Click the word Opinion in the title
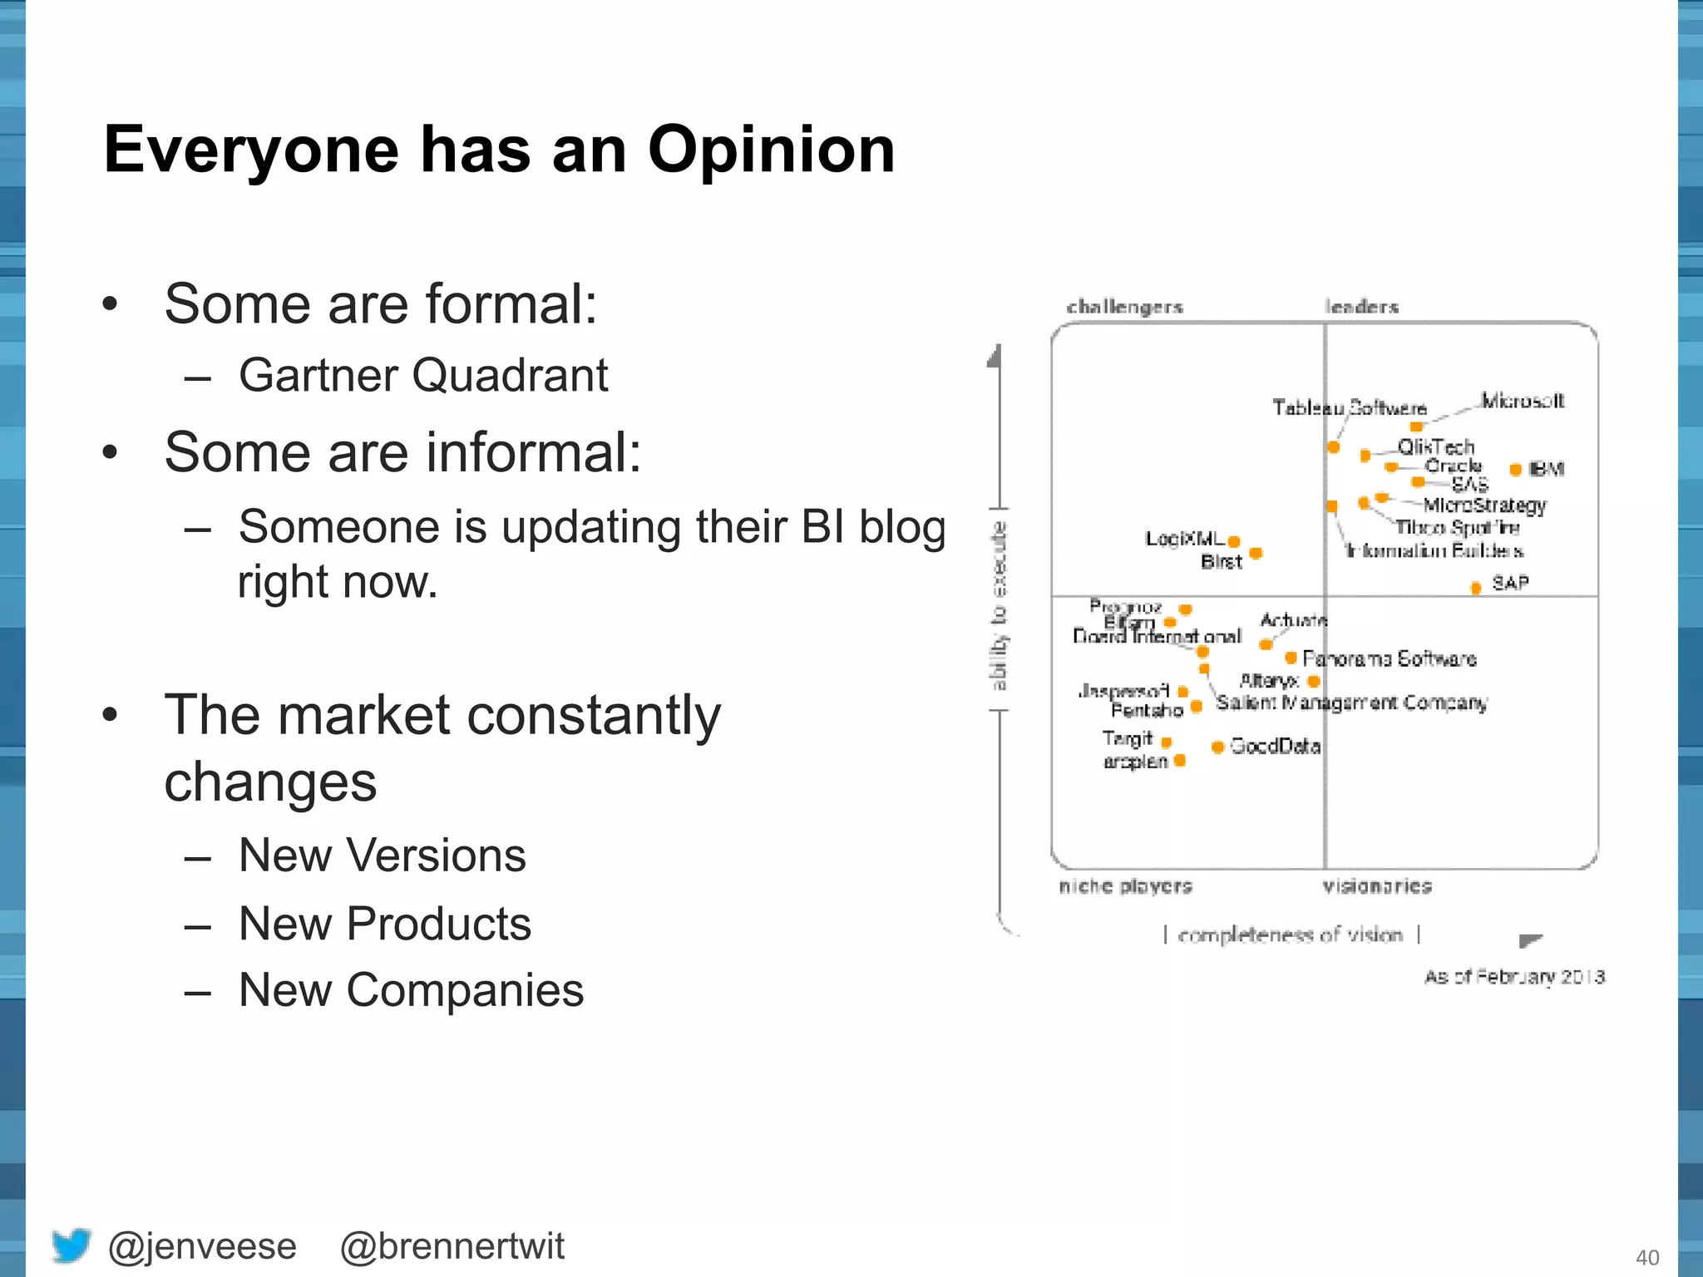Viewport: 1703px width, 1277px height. (771, 150)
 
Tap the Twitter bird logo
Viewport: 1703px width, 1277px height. (72, 1245)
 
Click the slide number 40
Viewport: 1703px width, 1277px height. (1647, 1258)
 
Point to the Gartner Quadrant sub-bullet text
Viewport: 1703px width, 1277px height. (423, 375)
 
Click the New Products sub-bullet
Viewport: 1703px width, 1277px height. (384, 924)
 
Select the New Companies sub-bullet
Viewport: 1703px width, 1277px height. (411, 990)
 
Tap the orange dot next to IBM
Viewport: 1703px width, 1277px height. (1515, 470)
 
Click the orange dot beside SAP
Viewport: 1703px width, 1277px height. (1476, 588)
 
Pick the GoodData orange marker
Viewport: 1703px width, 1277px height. (1217, 747)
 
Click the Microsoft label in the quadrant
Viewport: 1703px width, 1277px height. (1523, 401)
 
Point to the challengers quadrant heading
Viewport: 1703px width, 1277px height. (1124, 307)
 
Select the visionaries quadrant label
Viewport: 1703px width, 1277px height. (1377, 886)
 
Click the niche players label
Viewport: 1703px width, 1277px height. (1125, 886)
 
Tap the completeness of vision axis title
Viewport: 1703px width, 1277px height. (1290, 935)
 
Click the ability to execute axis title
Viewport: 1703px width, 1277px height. (999, 606)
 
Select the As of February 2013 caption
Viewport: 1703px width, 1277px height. (1514, 977)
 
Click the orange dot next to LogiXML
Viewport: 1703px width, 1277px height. (1234, 542)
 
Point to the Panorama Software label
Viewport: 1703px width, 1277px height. (1389, 659)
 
